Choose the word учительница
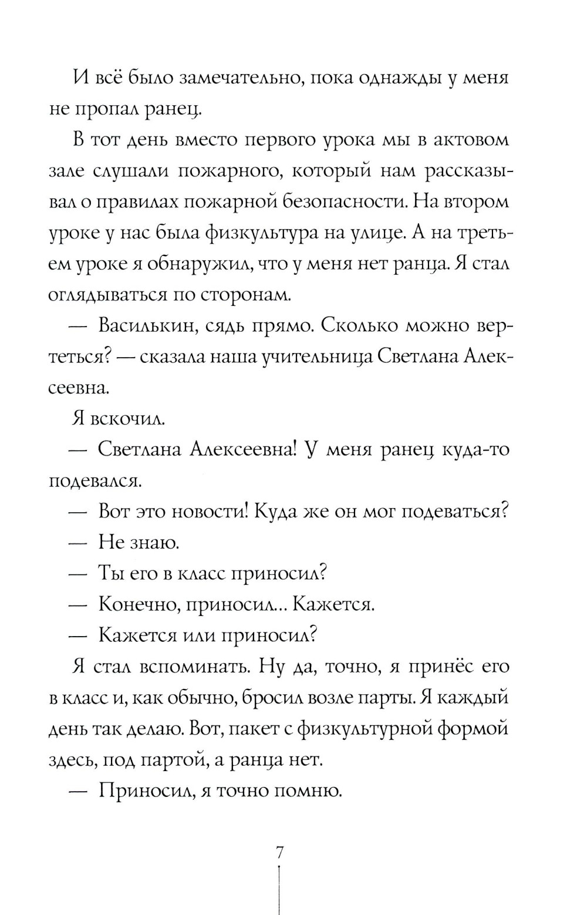(x=318, y=356)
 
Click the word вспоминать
(x=191, y=666)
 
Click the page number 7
(x=280, y=853)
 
